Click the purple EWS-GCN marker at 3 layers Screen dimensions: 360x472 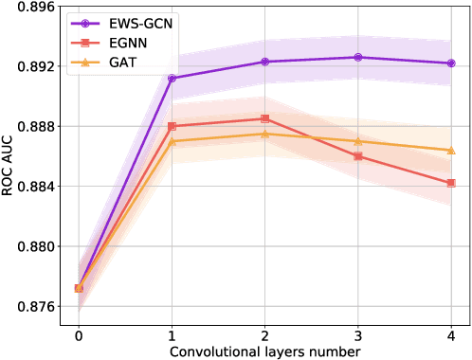pos(357,58)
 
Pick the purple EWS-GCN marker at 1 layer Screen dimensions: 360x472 pos(172,79)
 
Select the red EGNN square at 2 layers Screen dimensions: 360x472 pos(264,118)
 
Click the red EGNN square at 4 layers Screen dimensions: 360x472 pos(450,183)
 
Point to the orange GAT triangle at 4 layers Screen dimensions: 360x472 pos(450,151)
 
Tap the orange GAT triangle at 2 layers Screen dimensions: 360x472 pos(264,134)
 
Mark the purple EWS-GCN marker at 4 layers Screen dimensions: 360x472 pos(450,63)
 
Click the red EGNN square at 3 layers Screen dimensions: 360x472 pos(357,156)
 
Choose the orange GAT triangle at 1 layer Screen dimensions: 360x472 pos(172,141)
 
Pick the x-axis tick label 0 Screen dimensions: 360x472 pos(79,334)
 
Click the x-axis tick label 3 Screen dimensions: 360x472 pos(357,334)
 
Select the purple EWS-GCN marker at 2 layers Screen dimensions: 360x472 pos(264,62)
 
